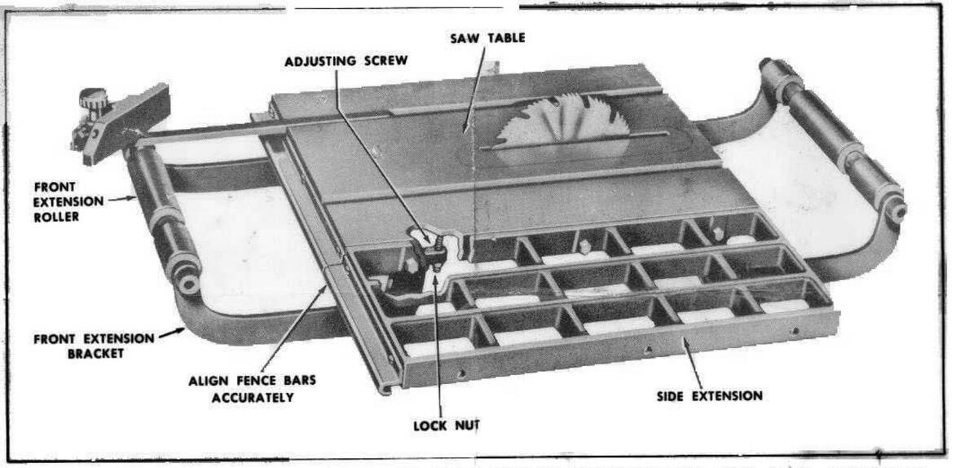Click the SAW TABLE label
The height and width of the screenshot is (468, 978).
[x=487, y=38]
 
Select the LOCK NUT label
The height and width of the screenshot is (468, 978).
[x=444, y=425]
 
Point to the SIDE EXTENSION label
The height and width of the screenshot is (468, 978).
[x=709, y=396]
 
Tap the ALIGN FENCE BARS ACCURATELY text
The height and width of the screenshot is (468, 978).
[x=252, y=390]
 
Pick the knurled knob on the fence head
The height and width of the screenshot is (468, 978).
[x=93, y=104]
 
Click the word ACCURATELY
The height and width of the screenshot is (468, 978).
[x=253, y=398]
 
